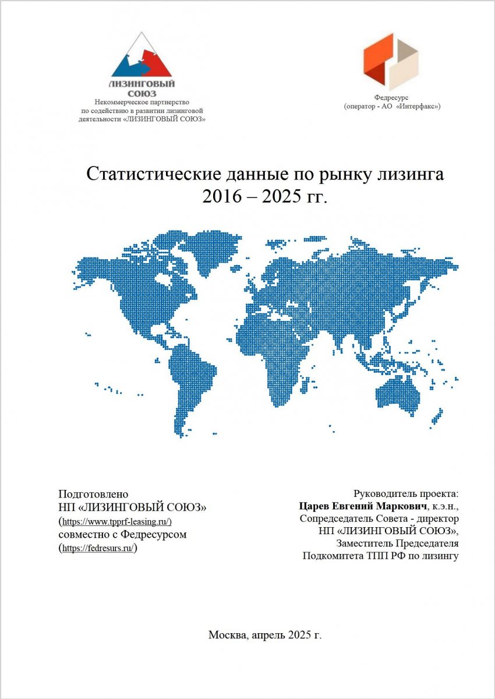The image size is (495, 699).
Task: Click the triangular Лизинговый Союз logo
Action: point(142,58)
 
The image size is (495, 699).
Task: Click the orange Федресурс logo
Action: point(391,61)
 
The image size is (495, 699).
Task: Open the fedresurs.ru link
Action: point(98,548)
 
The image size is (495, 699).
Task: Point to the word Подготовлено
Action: point(93,493)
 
